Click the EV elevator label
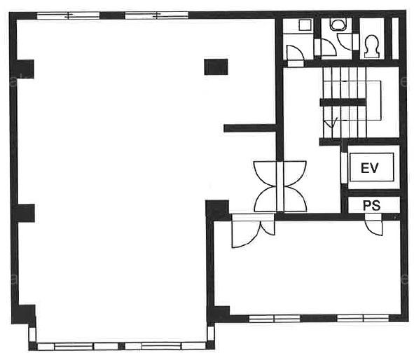click(x=370, y=168)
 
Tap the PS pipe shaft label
click(x=372, y=206)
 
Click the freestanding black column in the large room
click(x=216, y=67)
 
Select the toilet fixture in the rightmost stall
click(x=372, y=46)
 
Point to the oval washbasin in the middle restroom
click(x=338, y=25)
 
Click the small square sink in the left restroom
click(x=305, y=25)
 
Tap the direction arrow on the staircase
click(x=331, y=123)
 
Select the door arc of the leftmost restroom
click(x=296, y=53)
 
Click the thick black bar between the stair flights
click(x=343, y=102)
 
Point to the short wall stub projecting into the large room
click(x=250, y=128)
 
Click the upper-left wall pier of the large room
click(x=25, y=69)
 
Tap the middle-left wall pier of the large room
click(x=26, y=213)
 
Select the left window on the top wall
click(x=68, y=15)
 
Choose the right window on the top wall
click(x=156, y=15)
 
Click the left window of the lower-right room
click(x=275, y=318)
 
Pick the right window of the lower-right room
click(x=363, y=318)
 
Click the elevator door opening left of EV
click(x=344, y=167)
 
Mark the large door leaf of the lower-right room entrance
click(x=244, y=235)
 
